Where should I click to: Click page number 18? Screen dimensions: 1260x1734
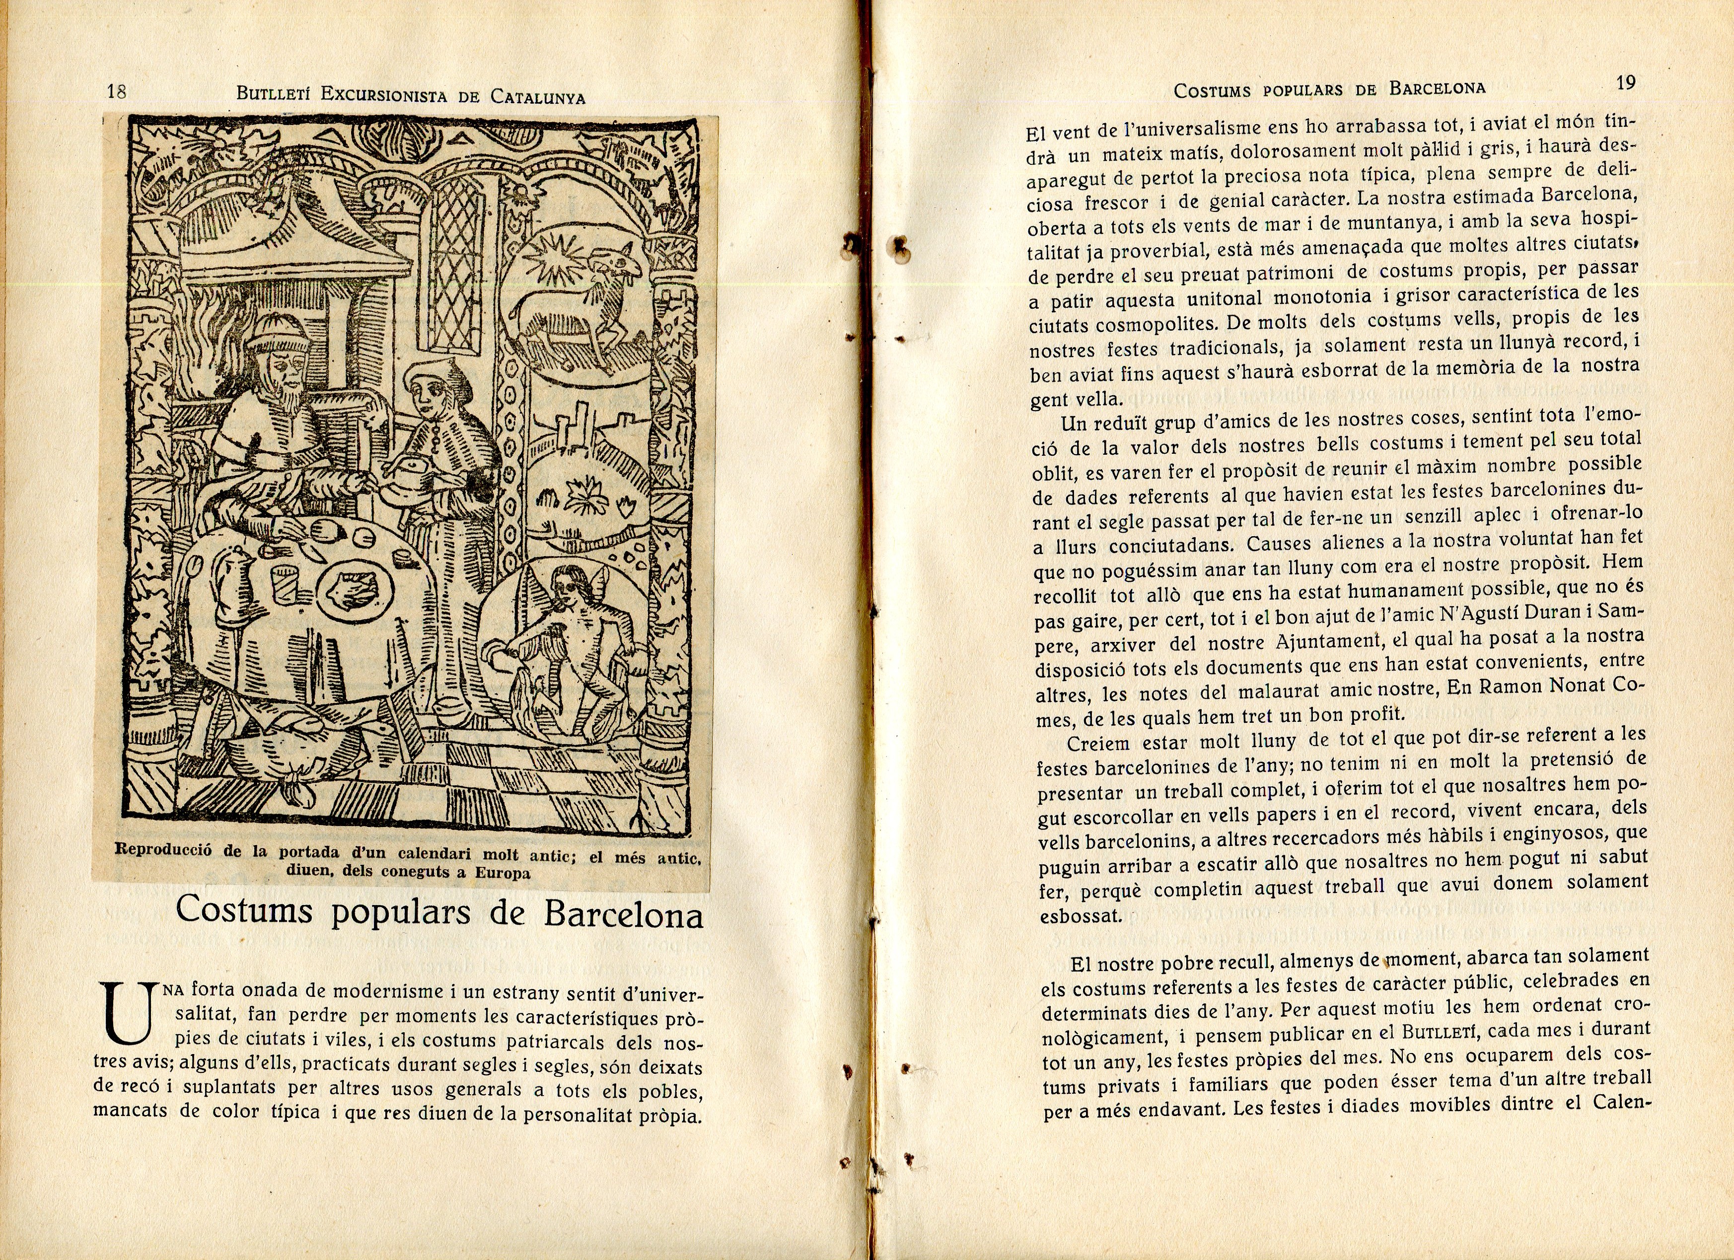(x=116, y=92)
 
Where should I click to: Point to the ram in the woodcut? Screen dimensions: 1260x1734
(x=581, y=298)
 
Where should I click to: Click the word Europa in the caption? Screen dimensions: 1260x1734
(x=503, y=873)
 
